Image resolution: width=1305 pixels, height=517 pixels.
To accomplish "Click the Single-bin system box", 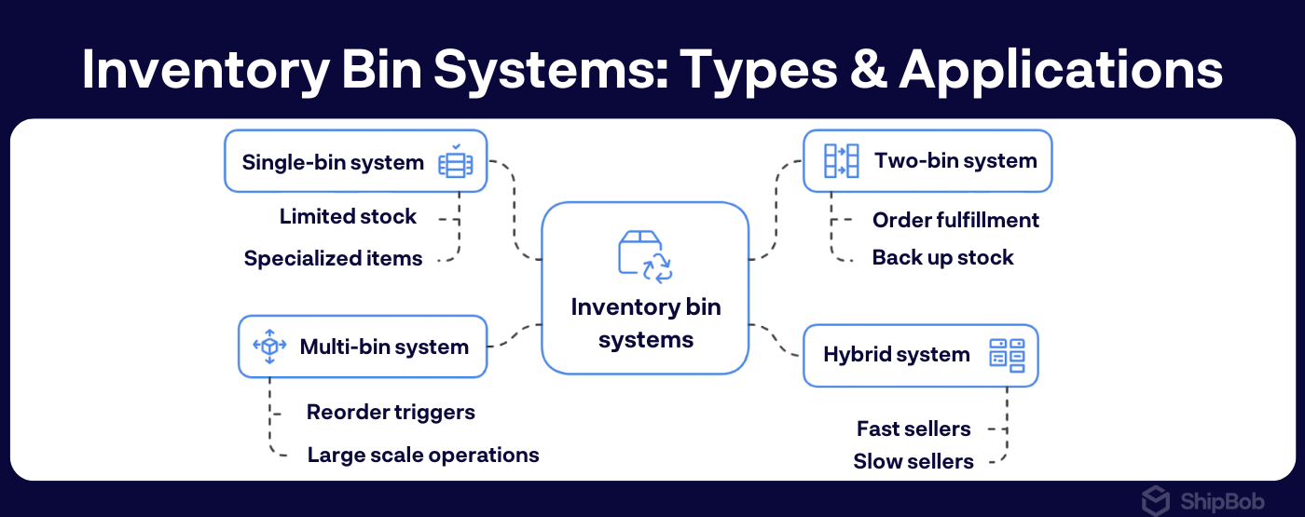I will coord(355,162).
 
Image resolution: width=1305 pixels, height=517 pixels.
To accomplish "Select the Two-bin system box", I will coord(927,161).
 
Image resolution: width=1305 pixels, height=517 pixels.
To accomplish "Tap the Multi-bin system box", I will coord(363,347).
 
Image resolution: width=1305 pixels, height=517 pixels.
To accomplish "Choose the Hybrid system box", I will coord(920,355).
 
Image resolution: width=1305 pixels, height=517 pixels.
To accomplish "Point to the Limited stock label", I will coord(348,217).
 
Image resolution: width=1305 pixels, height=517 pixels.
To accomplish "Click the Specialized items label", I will coord(333,258).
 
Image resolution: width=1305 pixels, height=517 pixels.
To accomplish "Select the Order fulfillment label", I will coord(955,220).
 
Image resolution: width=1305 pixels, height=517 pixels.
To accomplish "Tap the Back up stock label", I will coord(942,257).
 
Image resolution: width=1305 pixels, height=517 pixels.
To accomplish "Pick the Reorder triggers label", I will coord(391,412).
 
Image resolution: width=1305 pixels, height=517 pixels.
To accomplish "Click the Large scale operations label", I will coord(423,455).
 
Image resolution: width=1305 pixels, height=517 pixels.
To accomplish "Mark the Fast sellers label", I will coord(913,429).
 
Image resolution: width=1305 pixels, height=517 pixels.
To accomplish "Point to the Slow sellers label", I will coord(913,461).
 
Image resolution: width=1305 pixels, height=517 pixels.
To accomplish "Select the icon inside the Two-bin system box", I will coord(841,161).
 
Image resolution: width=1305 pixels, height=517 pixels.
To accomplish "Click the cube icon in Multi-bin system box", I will coord(270,347).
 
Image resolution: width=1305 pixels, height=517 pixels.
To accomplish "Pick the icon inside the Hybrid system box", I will coord(1006,355).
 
